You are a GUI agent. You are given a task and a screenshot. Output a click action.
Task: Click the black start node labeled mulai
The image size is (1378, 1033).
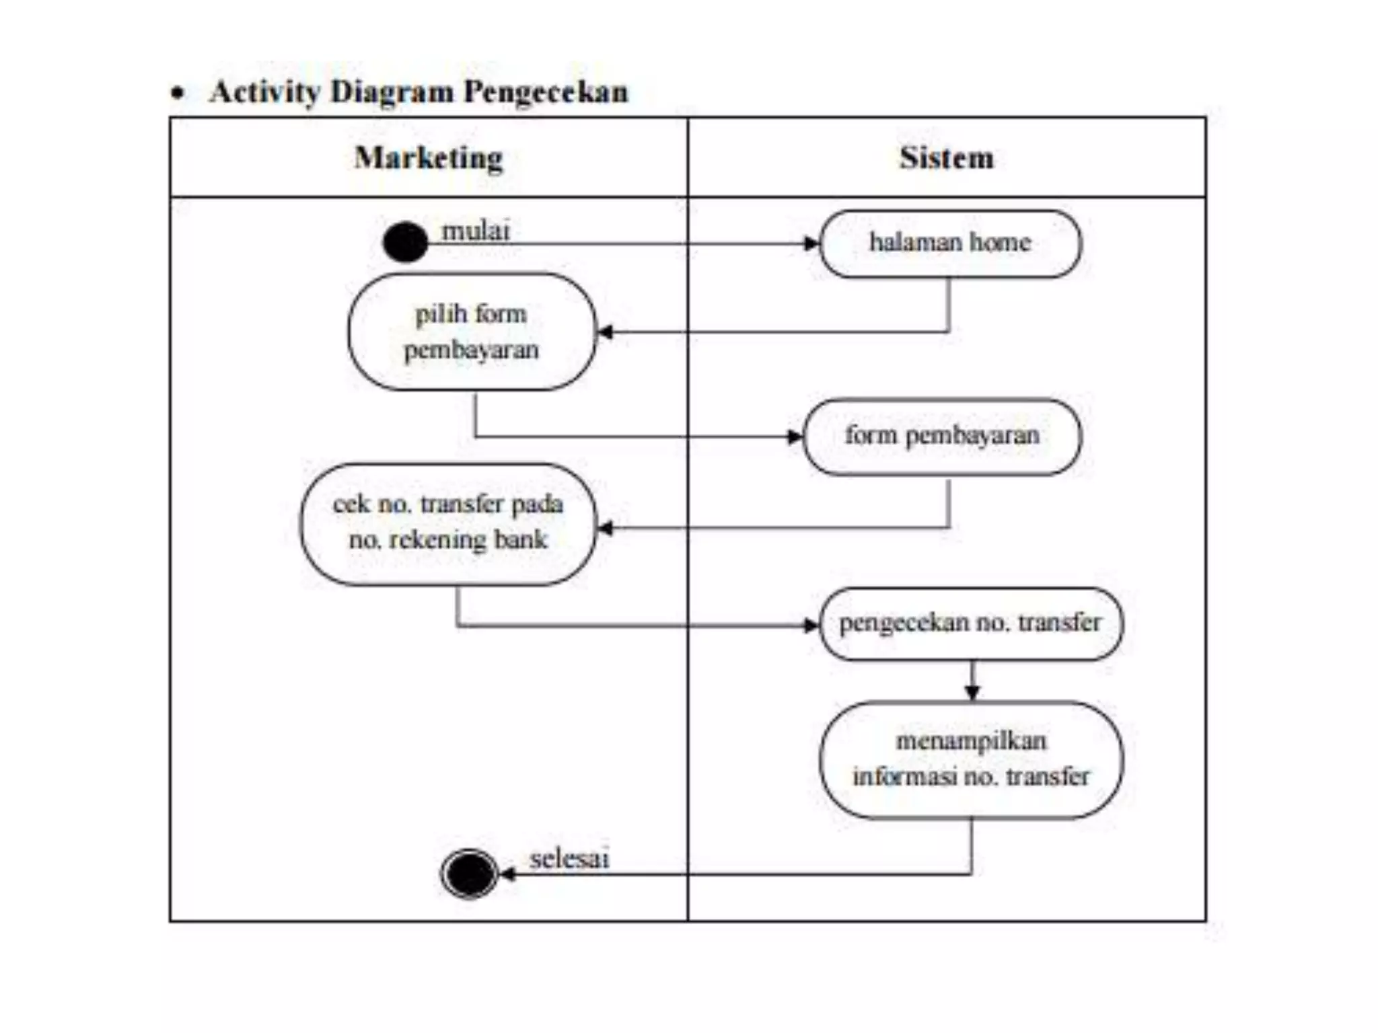tap(405, 242)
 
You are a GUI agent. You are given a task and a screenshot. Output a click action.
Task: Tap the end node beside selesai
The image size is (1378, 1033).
tap(469, 874)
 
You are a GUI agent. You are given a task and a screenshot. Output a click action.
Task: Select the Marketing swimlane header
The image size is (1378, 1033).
tap(429, 158)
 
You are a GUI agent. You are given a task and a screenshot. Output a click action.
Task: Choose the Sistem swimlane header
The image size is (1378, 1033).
tap(946, 158)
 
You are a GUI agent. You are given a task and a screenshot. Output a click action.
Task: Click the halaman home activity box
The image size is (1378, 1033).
tap(950, 243)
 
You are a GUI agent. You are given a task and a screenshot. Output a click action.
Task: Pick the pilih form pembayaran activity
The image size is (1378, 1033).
tap(472, 332)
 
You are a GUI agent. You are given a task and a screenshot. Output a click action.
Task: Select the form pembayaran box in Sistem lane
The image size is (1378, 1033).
tap(942, 436)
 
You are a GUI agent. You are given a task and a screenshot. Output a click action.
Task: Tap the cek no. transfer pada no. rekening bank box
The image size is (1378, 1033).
tap(448, 523)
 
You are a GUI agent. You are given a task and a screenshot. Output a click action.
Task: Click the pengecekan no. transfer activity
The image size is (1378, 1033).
tap(970, 623)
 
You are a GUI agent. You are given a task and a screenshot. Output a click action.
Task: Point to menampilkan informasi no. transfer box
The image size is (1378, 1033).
tap(970, 759)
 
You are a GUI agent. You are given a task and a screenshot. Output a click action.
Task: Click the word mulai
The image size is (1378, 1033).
tap(476, 231)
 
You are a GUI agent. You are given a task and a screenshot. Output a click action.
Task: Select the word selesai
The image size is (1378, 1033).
tap(569, 859)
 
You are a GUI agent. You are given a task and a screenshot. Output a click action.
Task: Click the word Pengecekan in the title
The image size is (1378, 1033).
tap(546, 92)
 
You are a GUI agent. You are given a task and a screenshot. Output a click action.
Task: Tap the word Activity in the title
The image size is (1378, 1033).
tap(264, 92)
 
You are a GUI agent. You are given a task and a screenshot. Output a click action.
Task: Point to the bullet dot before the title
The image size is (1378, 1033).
tap(177, 93)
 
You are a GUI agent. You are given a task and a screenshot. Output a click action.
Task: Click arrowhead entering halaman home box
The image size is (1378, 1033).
tap(811, 243)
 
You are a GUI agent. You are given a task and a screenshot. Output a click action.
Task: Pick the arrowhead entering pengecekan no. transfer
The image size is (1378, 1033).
tap(811, 625)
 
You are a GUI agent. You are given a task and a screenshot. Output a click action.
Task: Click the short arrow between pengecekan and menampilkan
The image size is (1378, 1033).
tap(972, 682)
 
